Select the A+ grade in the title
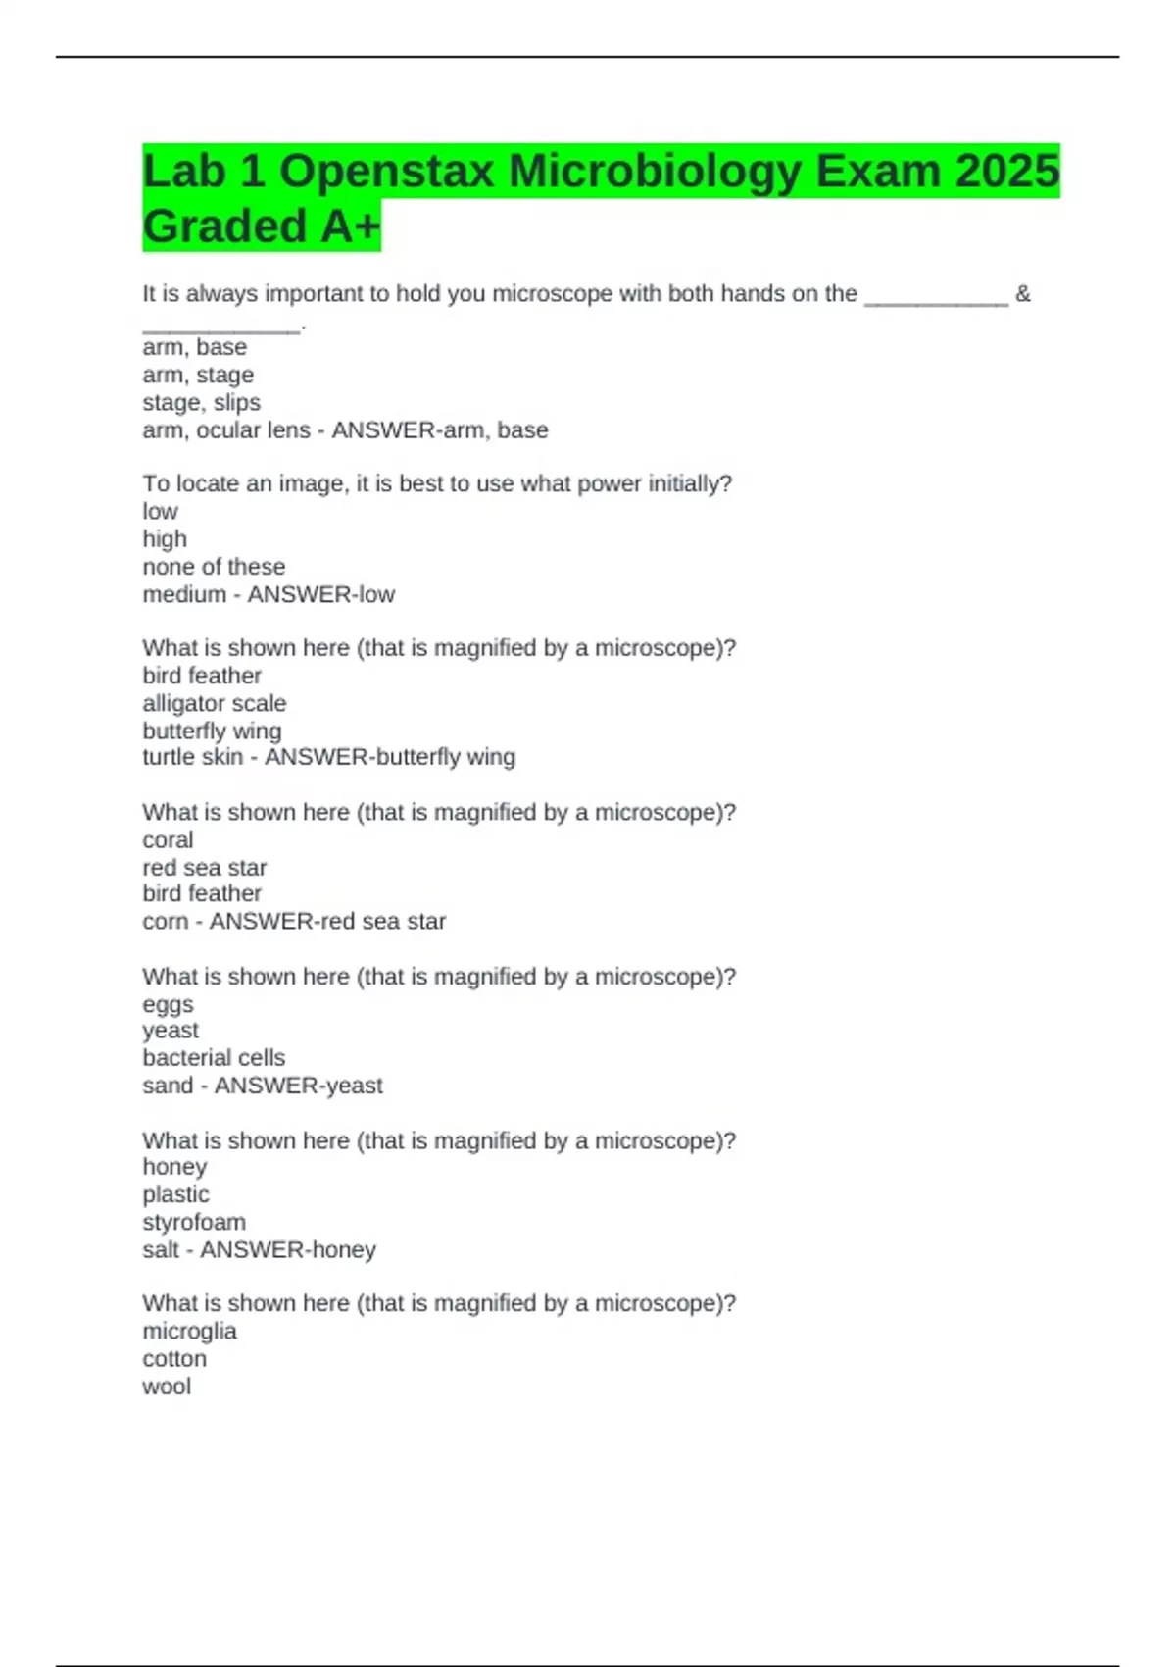pos(349,227)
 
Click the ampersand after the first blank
pos(1023,294)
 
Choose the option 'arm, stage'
pos(198,375)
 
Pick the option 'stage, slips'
pos(201,402)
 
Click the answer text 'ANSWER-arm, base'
pos(440,430)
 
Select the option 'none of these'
pos(214,567)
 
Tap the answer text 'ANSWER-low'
pos(320,594)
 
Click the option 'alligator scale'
pos(214,703)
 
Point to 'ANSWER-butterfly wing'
pos(390,757)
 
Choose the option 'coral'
pos(168,840)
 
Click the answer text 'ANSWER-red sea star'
pos(327,921)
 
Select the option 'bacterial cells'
pos(214,1058)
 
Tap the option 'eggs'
pos(168,1004)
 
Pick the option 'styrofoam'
pos(194,1222)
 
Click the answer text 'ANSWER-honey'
pos(288,1249)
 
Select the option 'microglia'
pos(189,1331)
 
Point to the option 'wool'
pos(167,1387)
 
